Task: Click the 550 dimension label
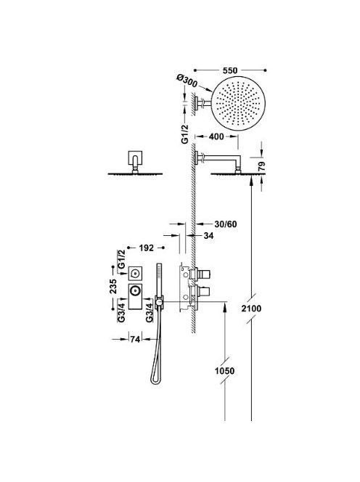(230, 70)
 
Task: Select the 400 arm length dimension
(216, 136)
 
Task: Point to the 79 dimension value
(261, 166)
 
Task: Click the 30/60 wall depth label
(226, 224)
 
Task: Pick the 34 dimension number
(208, 236)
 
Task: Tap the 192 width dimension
(146, 248)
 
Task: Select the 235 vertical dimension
(113, 286)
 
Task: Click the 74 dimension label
(135, 339)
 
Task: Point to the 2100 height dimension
(251, 309)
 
